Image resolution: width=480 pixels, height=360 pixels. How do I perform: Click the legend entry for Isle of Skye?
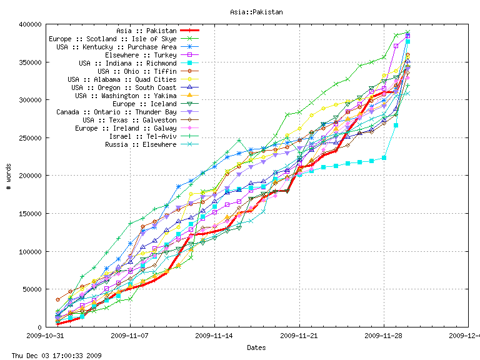112,39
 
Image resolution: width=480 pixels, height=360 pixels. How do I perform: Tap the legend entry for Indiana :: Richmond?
127,63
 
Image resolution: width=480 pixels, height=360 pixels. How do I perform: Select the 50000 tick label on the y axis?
32,289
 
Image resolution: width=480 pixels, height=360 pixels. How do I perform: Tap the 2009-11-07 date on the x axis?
130,336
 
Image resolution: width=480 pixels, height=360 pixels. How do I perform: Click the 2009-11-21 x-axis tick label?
299,336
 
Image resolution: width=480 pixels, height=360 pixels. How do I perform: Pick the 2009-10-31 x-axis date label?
45,336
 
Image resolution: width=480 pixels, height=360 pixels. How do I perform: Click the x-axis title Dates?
256,347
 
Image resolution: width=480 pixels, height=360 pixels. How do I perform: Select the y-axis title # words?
9,176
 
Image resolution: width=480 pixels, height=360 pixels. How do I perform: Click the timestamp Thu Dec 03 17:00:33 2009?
51,356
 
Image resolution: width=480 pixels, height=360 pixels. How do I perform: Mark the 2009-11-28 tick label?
384,336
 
